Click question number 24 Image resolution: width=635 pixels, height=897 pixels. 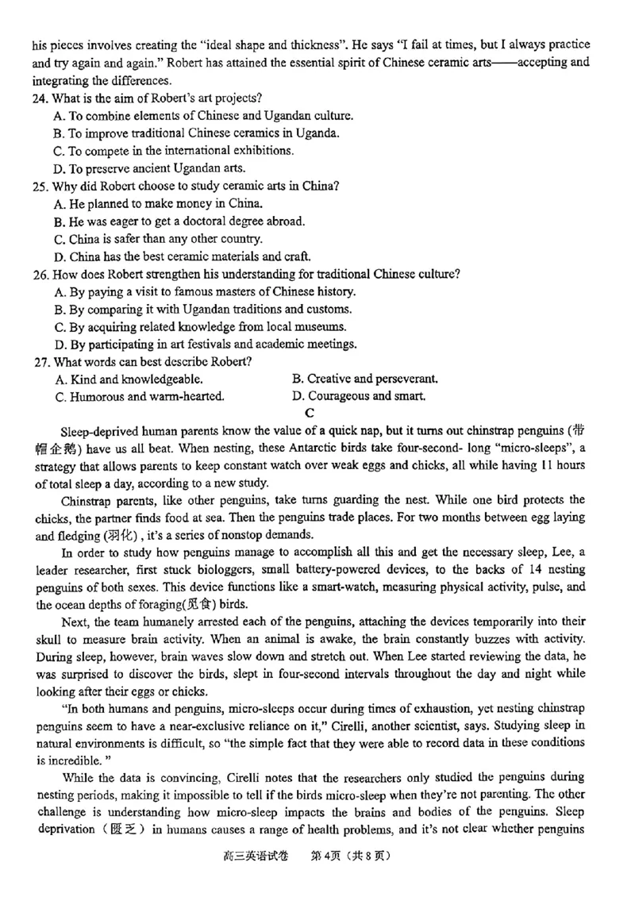(x=41, y=98)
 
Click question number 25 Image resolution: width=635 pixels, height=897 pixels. (x=41, y=186)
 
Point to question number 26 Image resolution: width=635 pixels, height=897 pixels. (x=41, y=274)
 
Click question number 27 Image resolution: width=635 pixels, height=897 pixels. (x=41, y=361)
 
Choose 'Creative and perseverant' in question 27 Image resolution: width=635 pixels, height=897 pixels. (x=365, y=379)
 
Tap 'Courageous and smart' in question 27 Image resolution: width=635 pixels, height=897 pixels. (x=359, y=396)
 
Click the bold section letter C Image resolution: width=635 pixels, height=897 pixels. (x=310, y=413)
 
